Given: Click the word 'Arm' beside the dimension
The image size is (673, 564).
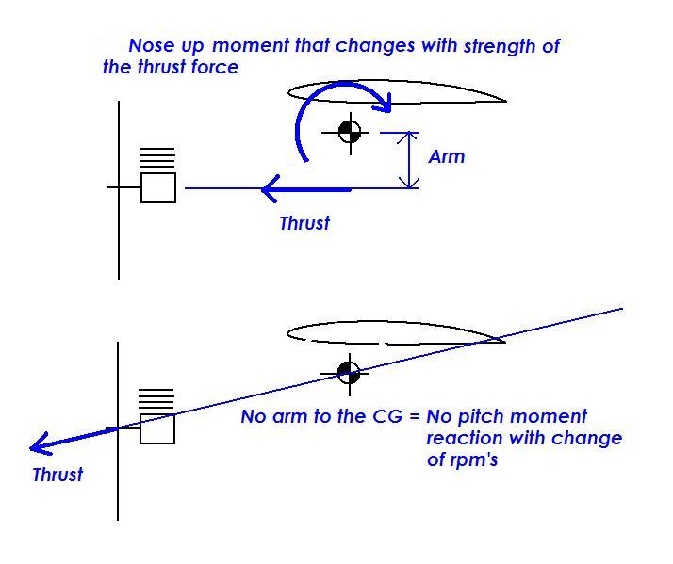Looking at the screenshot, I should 447,156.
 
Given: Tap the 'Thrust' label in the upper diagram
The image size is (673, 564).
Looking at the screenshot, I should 304,223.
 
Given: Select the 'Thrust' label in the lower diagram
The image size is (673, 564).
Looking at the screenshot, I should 57,475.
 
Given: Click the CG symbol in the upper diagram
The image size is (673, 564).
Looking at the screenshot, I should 350,133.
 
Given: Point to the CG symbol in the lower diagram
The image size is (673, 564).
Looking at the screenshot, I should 349,371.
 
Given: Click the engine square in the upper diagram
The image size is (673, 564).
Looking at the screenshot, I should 158,188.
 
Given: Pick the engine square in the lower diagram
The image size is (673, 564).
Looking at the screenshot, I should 157,428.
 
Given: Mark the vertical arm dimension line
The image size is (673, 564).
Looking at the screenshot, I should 410,160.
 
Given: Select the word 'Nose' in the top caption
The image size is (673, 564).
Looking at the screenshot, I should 150,45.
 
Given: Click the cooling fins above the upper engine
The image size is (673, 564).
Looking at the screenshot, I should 157,158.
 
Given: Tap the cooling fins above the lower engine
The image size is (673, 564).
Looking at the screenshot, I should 157,398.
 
